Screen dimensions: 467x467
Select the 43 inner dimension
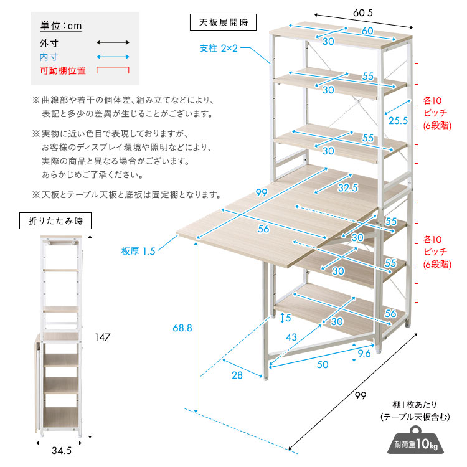291,336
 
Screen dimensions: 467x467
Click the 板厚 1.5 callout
138,252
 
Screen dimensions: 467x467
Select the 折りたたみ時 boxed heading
56,220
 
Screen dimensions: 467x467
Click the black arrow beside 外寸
113,43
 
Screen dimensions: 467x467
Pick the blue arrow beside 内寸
113,57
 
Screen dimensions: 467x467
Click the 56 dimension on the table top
264,229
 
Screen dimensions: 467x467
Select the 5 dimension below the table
287,318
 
